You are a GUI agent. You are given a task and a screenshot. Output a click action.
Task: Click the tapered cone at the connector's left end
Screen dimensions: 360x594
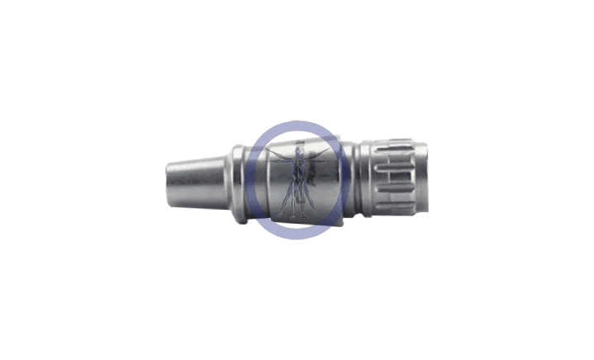[x=198, y=181]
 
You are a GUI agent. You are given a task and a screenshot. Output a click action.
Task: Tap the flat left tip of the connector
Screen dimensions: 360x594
[x=167, y=181]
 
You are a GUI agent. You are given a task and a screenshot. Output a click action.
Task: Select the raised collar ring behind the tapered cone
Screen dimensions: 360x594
[x=236, y=181]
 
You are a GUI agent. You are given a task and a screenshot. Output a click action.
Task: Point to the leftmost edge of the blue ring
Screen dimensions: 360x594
[x=245, y=181]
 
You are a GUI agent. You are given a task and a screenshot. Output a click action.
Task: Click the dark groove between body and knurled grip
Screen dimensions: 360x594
[x=355, y=181]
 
